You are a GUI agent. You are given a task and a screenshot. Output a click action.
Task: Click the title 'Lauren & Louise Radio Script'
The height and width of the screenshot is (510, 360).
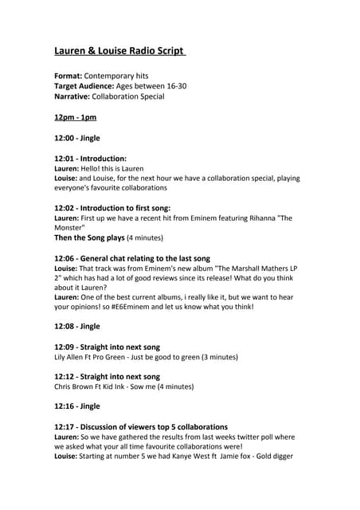point(119,52)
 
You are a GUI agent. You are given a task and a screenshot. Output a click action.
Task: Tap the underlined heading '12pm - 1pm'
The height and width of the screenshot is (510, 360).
point(75,117)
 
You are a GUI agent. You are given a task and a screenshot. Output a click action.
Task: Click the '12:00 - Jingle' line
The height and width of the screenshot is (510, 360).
point(77,138)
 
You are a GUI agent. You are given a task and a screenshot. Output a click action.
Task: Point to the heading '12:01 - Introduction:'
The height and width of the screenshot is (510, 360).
point(90,159)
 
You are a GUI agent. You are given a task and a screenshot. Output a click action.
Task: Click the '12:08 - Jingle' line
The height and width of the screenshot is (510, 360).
point(77,326)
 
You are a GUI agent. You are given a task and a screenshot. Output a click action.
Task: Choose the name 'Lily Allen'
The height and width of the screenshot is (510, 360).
point(71,357)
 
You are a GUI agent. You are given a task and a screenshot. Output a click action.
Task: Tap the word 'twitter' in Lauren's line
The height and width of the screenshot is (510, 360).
point(221,437)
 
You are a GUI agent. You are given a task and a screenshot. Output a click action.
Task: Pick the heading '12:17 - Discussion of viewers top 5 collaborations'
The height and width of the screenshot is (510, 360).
point(141,427)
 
